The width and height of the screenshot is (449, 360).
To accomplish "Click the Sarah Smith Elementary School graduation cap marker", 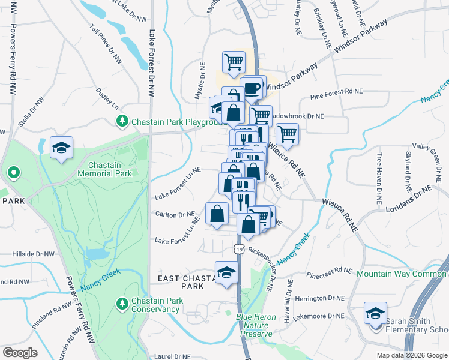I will (375, 314).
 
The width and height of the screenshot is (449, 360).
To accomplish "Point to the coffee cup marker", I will (253, 88).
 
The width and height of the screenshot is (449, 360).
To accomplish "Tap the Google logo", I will (20, 353).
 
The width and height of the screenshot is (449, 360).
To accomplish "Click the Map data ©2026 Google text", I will (412, 355).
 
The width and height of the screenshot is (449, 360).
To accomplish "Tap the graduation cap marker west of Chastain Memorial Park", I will (61, 148).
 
